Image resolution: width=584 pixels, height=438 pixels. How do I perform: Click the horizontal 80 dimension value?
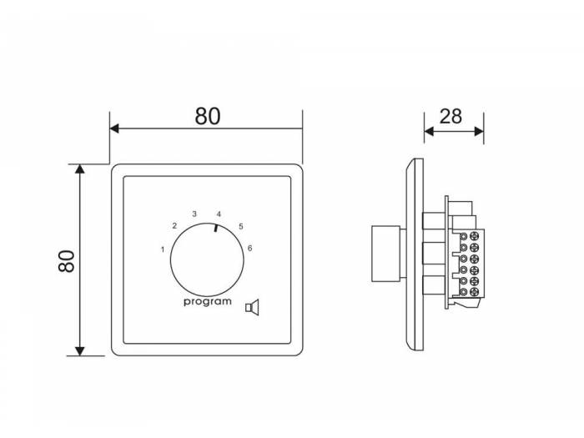point(208,116)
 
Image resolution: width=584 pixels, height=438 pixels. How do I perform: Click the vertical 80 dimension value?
point(67,261)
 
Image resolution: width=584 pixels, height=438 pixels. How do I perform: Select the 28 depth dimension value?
point(451,117)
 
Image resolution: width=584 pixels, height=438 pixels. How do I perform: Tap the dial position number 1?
point(163,249)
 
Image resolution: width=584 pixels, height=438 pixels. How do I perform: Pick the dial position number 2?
point(174,226)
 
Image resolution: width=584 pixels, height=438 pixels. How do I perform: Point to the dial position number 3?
point(194,214)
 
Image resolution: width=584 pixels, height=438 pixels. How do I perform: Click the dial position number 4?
point(219,214)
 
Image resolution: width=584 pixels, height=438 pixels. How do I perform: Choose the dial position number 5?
point(241,226)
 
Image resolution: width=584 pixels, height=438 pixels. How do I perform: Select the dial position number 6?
point(250,248)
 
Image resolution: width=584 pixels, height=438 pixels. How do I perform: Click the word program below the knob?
point(208,302)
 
